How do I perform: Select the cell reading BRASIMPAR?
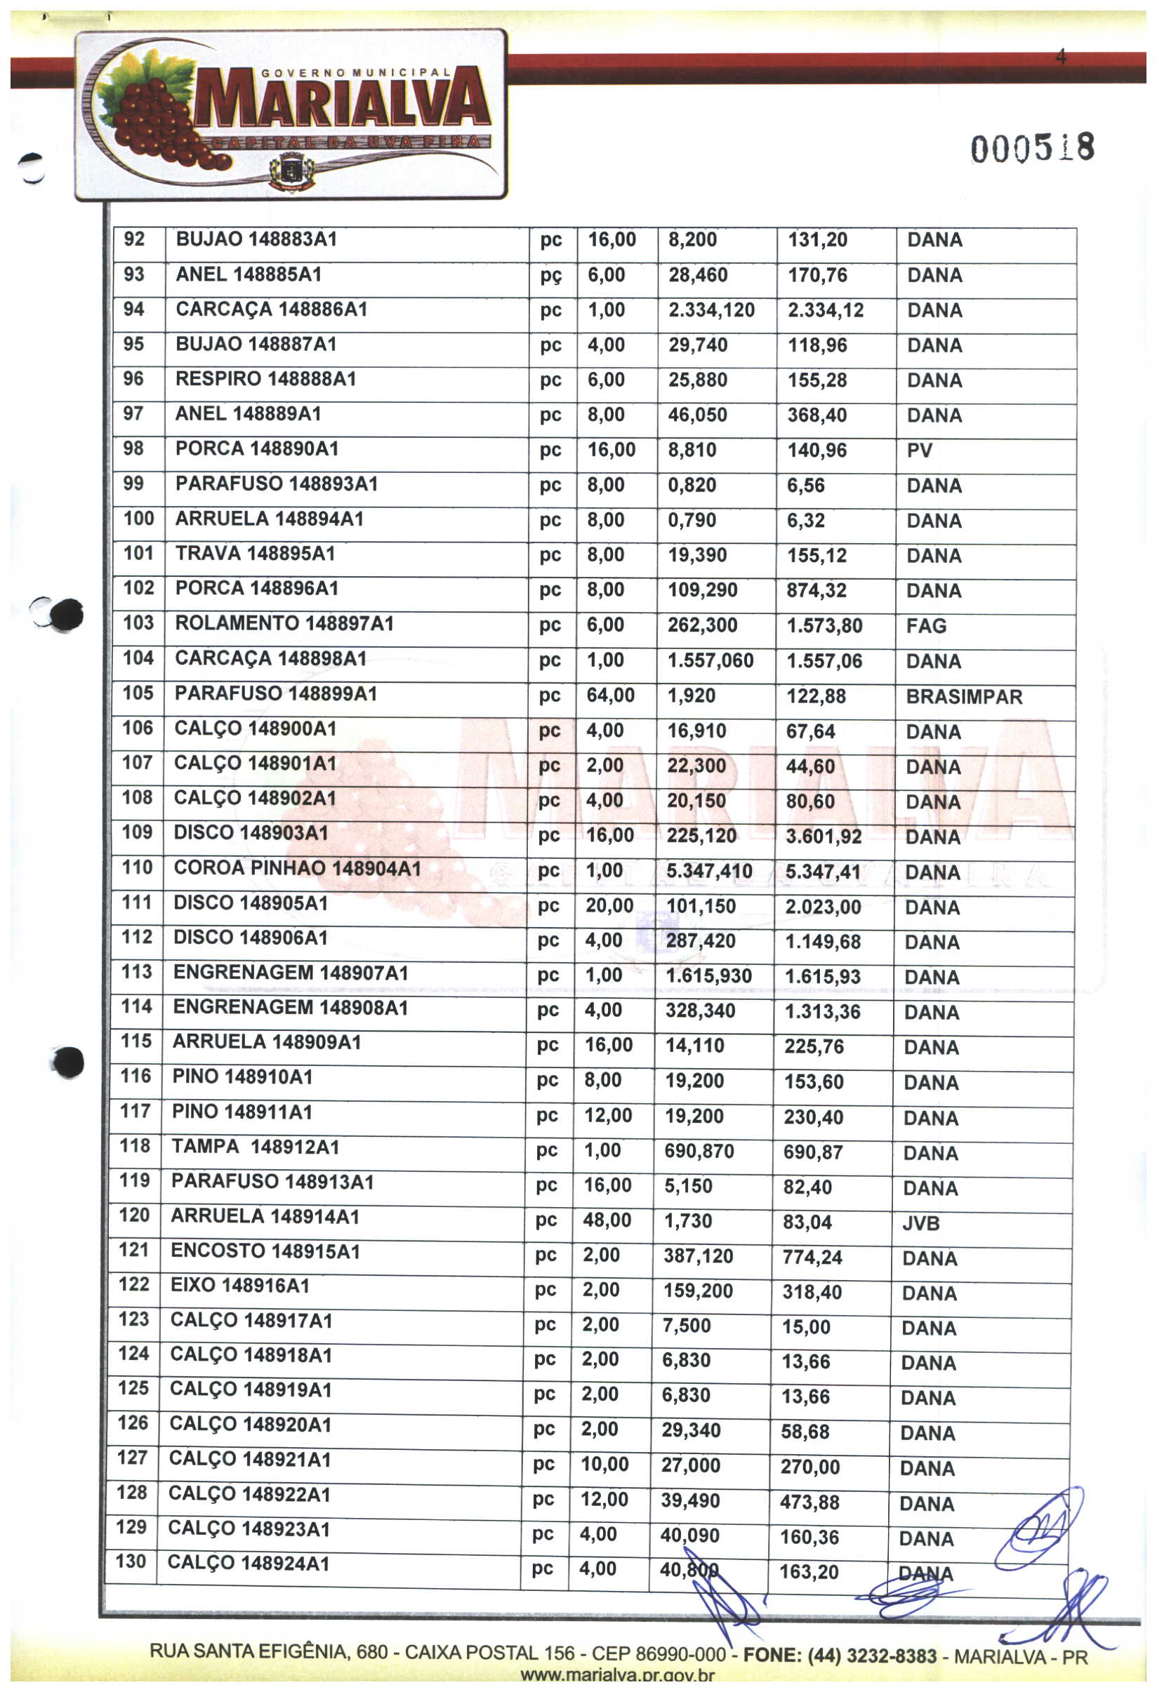pyautogui.click(x=963, y=697)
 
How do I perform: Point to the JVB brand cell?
pyautogui.click(x=920, y=1223)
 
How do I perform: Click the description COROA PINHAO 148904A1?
pyautogui.click(x=297, y=868)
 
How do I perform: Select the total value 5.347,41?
pyautogui.click(x=823, y=872)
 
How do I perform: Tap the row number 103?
pyautogui.click(x=138, y=623)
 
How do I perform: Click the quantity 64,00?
pyautogui.click(x=610, y=695)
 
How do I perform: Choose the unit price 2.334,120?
pyautogui.click(x=710, y=310)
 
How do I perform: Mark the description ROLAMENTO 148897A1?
pyautogui.click(x=284, y=624)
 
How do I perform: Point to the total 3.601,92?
pyautogui.click(x=823, y=837)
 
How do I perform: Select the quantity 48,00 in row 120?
pyautogui.click(x=606, y=1220)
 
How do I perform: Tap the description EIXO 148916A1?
pyautogui.click(x=239, y=1285)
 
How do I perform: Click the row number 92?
pyautogui.click(x=134, y=239)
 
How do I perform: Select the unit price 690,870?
pyautogui.click(x=699, y=1151)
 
